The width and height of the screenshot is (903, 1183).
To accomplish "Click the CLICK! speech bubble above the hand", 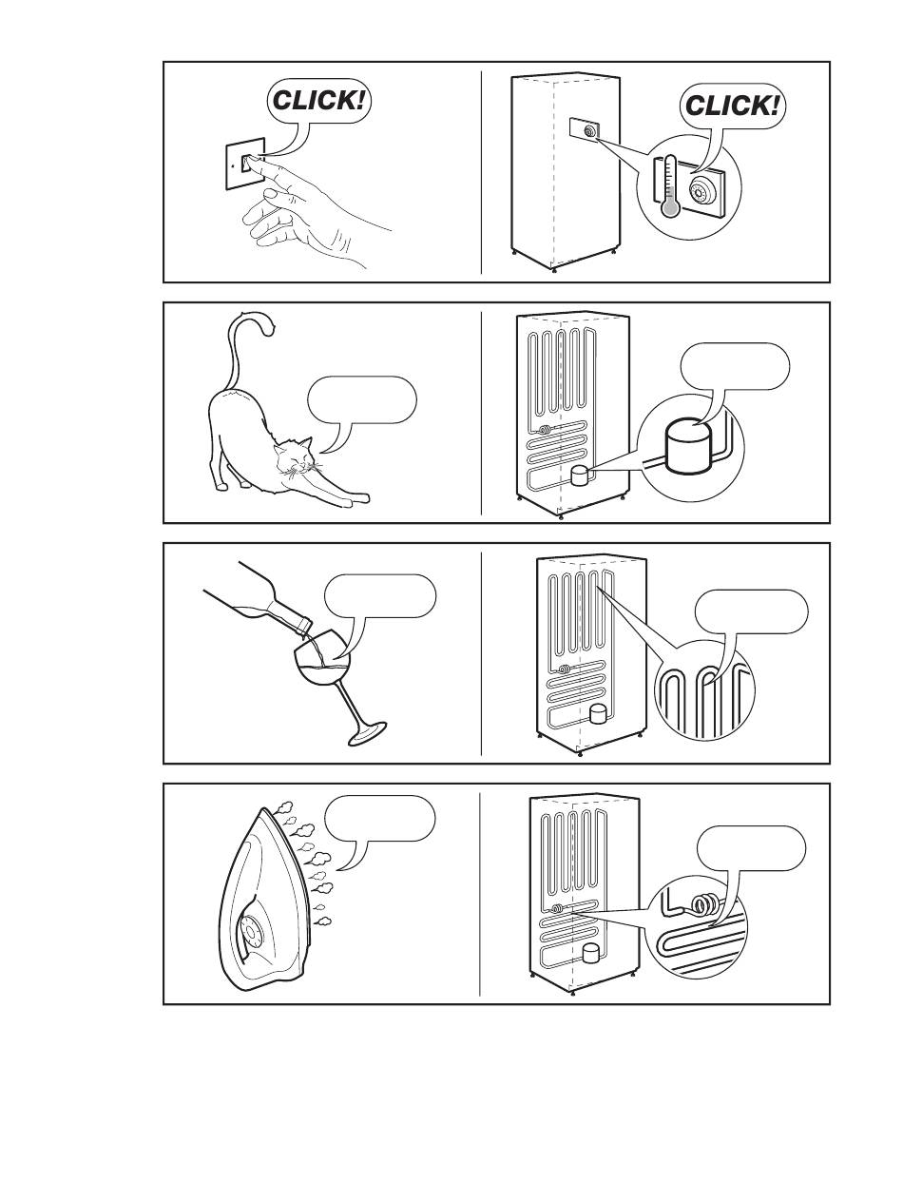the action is point(318,101).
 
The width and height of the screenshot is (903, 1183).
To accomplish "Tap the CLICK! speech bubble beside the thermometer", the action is point(731,107).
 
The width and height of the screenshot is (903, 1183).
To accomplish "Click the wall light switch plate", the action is point(245,164).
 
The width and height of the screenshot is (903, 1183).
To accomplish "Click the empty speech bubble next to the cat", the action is point(362,401).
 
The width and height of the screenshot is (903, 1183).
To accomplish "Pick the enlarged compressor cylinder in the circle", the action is point(689,447).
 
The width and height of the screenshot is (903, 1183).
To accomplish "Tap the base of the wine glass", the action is point(367,734).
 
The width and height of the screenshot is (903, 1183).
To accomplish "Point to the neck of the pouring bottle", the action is point(293,618).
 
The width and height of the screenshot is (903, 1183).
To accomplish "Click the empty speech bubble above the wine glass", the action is point(379,596).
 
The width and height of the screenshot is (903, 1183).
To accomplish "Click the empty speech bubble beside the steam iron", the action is point(379,819).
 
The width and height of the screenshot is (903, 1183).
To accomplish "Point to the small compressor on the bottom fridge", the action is point(592,954).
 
